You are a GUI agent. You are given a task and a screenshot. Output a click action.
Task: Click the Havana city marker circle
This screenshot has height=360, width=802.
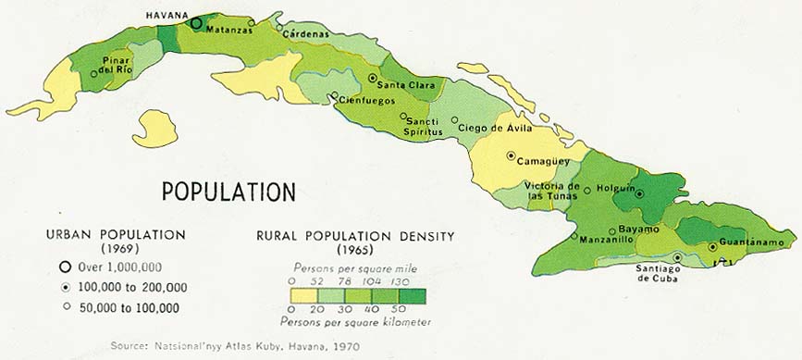click(x=196, y=23)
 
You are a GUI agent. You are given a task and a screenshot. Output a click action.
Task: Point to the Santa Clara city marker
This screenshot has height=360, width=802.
click(x=373, y=79)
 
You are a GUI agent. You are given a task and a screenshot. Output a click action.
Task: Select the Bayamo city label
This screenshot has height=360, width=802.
click(x=638, y=229)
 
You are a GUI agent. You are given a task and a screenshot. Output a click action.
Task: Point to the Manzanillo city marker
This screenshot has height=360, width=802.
click(x=574, y=237)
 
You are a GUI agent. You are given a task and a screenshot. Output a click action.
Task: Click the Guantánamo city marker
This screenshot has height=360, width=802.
click(x=712, y=246)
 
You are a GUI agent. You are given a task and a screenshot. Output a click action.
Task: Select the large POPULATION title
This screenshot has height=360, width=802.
click(x=228, y=192)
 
